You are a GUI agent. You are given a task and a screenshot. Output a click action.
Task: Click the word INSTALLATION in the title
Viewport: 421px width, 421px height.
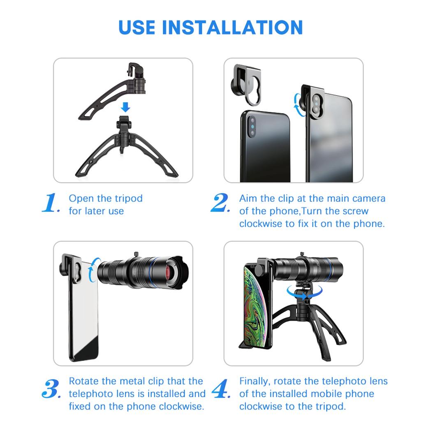232,27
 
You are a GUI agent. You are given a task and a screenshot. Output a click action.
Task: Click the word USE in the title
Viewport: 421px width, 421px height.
138,27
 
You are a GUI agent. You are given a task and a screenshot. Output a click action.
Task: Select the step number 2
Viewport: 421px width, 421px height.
220,204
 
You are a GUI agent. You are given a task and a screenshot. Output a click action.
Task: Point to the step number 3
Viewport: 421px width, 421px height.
51,389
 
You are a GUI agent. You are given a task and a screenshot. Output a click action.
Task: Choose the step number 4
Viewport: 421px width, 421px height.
221,389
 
